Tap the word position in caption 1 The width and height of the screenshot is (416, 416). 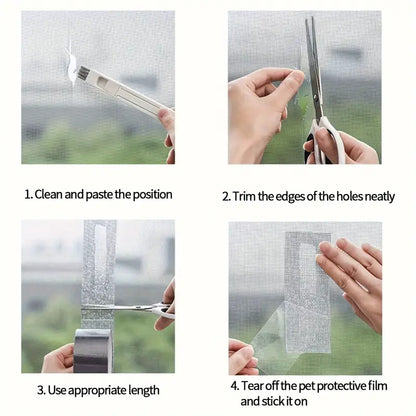click(150, 194)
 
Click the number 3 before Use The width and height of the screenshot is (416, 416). click(42, 388)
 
